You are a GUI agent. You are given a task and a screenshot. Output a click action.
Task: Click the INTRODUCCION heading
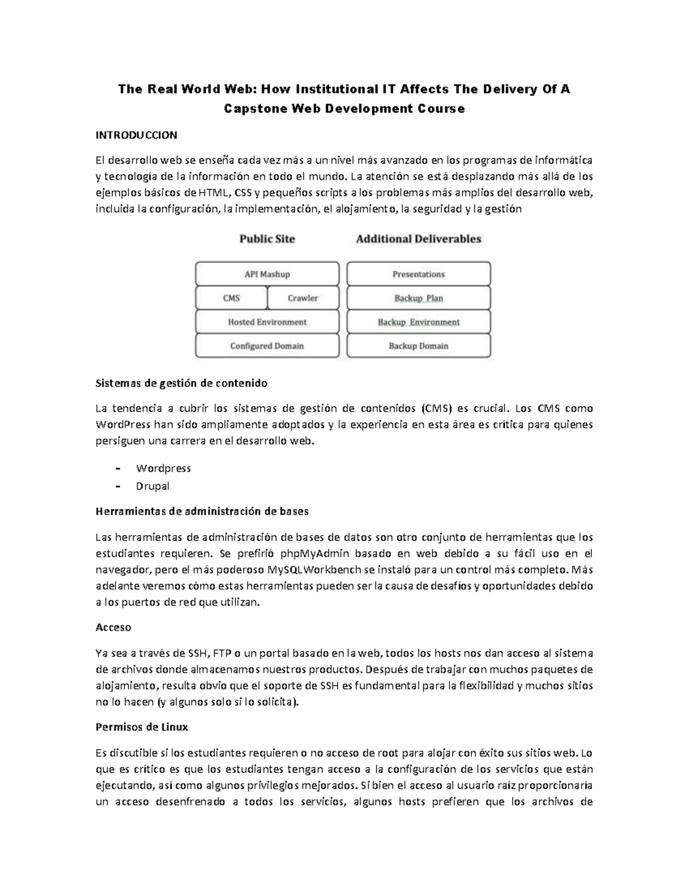click(x=136, y=136)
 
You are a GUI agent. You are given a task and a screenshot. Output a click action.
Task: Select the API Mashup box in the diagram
click(x=267, y=274)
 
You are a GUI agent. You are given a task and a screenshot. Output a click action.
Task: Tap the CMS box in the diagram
click(x=231, y=298)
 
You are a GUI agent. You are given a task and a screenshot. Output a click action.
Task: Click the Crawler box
click(x=303, y=298)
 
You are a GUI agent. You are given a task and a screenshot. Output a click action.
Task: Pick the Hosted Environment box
click(x=267, y=322)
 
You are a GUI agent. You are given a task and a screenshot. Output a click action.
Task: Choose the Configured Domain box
click(x=267, y=346)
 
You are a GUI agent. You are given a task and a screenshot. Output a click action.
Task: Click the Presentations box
click(x=419, y=274)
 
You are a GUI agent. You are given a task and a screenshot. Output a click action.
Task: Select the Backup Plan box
click(x=419, y=298)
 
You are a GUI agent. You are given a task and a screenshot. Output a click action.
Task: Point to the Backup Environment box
click(x=419, y=322)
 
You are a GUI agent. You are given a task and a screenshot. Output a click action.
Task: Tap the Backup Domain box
click(x=419, y=346)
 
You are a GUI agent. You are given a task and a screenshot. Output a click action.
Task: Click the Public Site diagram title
click(x=267, y=239)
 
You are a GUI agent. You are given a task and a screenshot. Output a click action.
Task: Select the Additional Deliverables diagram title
click(x=419, y=239)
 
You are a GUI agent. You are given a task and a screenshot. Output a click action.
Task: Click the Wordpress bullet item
click(x=163, y=468)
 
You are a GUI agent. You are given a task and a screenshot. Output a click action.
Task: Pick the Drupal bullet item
click(x=153, y=486)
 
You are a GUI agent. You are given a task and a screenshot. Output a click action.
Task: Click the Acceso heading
click(x=113, y=627)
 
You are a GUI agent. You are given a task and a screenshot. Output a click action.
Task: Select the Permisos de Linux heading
click(x=141, y=727)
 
